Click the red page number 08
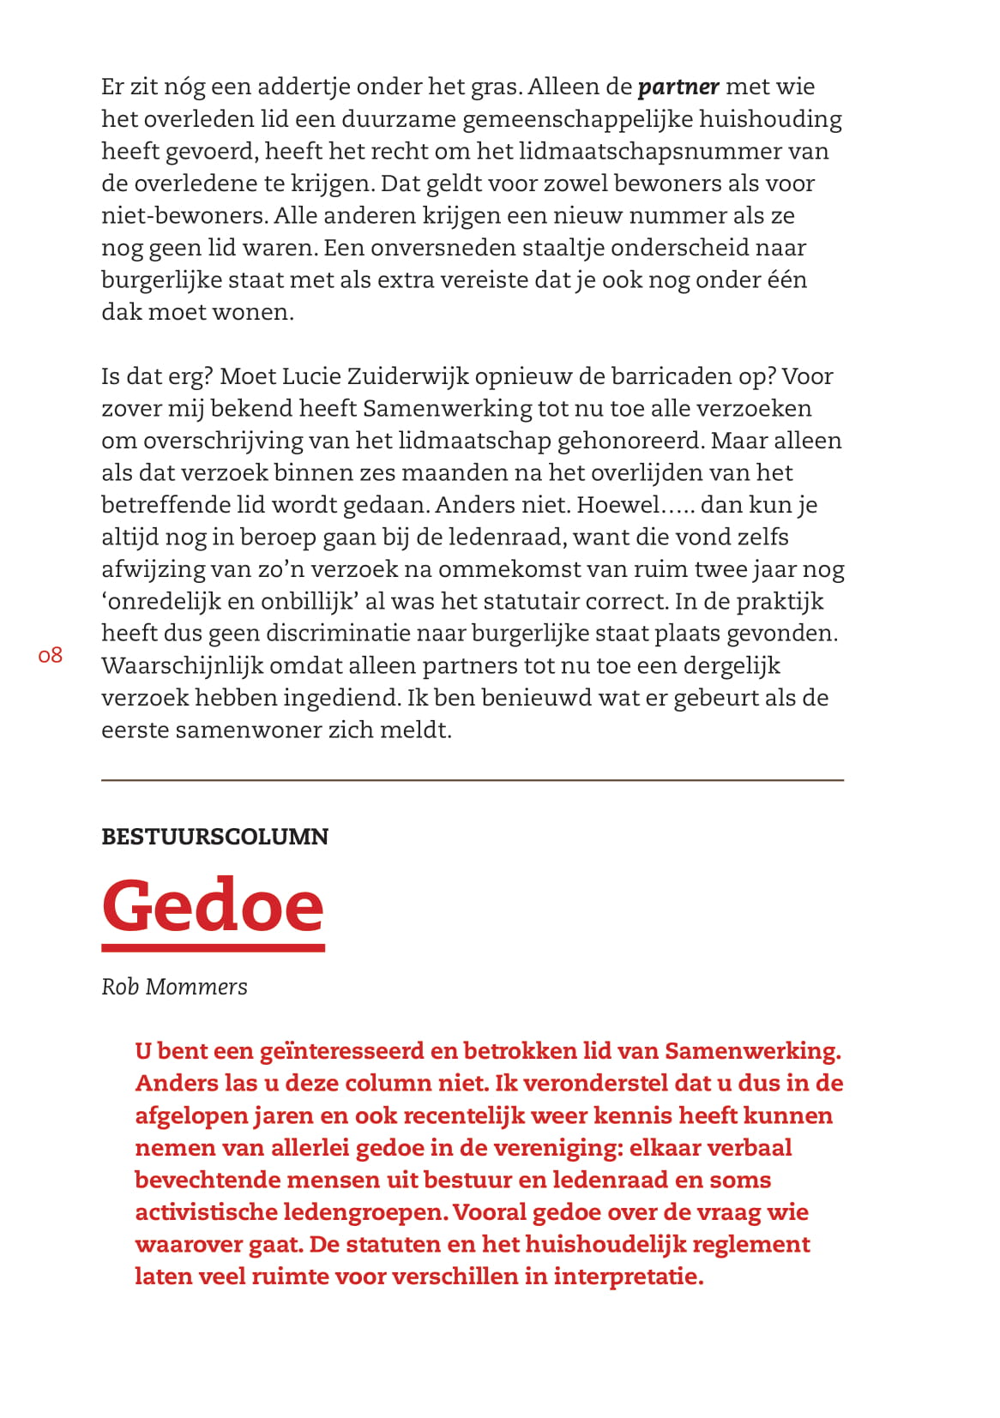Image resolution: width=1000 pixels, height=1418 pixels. click(51, 656)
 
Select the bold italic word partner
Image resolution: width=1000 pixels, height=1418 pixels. click(678, 87)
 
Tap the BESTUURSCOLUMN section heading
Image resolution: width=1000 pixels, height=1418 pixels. click(214, 837)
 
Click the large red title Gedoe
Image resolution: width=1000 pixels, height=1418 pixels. click(213, 905)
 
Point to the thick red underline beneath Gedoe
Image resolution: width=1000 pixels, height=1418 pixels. click(213, 947)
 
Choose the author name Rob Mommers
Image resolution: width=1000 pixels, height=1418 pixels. click(174, 987)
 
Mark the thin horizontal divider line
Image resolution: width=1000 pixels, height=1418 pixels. click(472, 780)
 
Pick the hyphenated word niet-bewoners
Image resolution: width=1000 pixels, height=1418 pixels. click(184, 216)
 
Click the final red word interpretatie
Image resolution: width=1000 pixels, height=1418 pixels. click(628, 1277)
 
